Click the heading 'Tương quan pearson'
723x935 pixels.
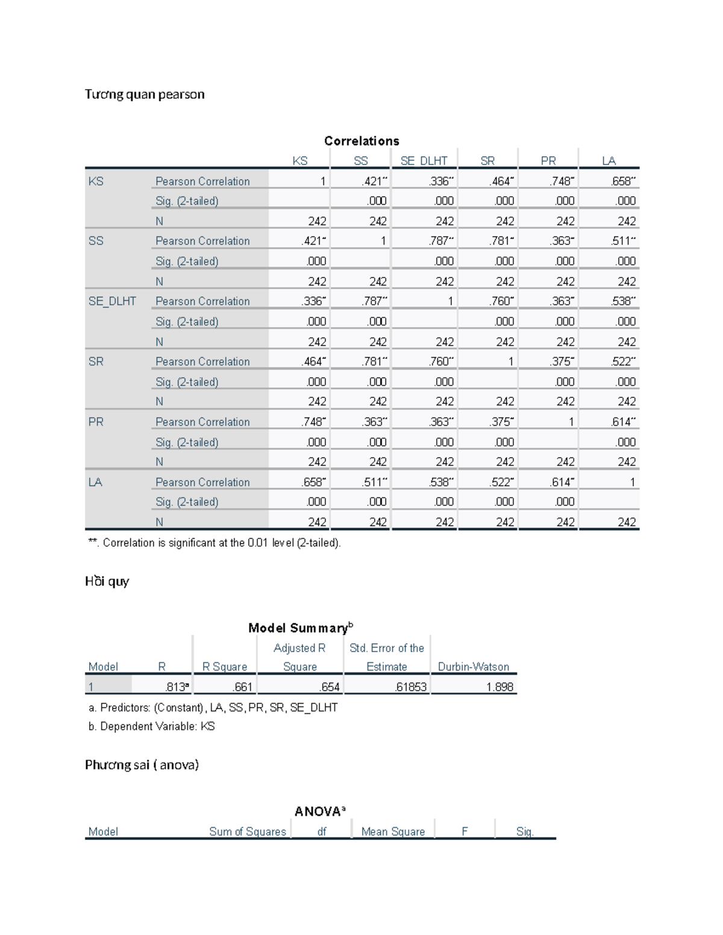145,95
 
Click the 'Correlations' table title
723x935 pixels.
361,141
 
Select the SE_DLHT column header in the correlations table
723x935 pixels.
424,161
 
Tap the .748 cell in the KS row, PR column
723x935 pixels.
561,181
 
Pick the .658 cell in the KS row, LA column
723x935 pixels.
622,181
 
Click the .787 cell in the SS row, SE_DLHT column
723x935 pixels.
440,241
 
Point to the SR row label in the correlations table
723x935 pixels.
96,361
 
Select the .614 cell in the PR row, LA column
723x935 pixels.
622,422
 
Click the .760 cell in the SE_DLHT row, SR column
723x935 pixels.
501,301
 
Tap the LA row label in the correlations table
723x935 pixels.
95,482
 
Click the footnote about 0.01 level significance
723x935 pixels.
214,542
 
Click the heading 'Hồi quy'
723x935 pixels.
107,582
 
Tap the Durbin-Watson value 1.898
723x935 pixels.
499,686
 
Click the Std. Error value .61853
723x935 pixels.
410,686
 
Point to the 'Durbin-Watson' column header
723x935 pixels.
473,666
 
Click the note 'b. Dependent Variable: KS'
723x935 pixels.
151,726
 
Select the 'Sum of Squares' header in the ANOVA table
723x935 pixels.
247,831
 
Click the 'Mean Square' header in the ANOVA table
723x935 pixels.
393,831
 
